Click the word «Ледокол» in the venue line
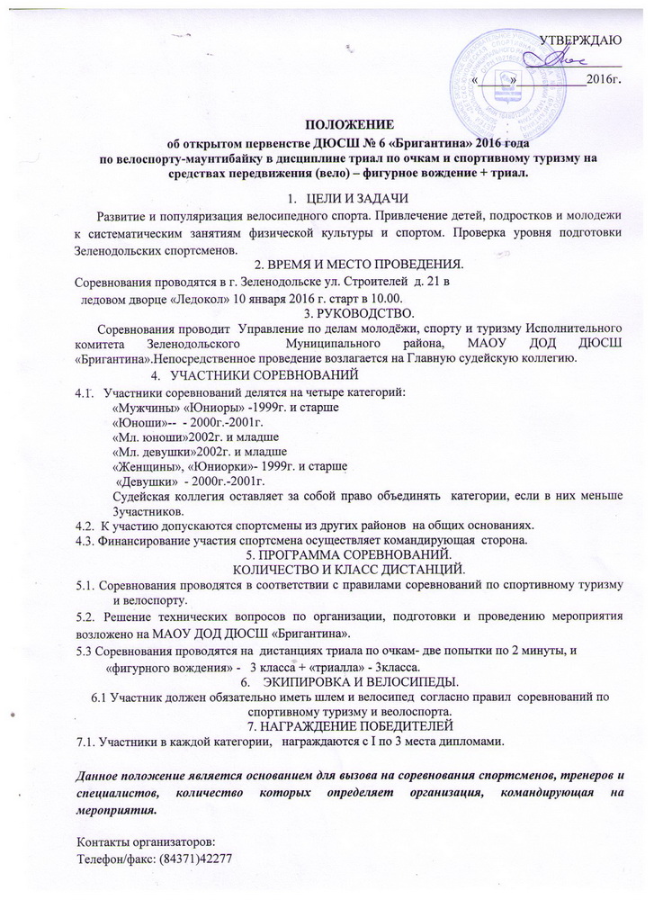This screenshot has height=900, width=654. (198, 298)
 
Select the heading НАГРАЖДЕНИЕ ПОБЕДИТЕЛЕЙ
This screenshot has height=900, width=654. (359, 725)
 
